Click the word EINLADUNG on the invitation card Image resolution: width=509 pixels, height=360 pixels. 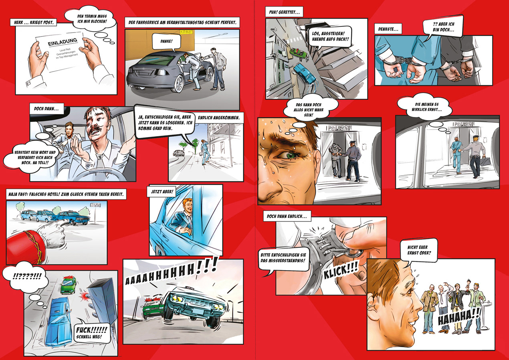click(x=63, y=42)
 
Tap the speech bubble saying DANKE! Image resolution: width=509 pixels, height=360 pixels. click(x=167, y=42)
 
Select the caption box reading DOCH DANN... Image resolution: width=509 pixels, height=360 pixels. click(x=46, y=109)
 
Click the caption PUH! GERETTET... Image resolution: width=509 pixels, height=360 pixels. click(x=284, y=12)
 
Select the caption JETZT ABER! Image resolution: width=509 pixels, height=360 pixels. click(x=162, y=192)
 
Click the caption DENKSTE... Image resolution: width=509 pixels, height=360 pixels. click(x=388, y=29)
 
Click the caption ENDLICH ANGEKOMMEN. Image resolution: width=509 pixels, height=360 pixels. click(x=219, y=118)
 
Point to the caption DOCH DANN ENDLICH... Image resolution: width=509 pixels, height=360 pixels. click(x=287, y=216)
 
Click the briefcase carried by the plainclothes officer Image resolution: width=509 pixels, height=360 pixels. click(x=484, y=162)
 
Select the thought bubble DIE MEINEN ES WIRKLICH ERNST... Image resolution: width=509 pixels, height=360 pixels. click(x=425, y=107)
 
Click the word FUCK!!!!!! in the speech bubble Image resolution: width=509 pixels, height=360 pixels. click(x=91, y=330)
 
